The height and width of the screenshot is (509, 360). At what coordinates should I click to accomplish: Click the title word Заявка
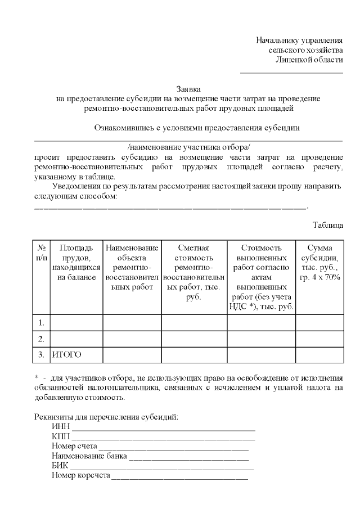tap(188, 89)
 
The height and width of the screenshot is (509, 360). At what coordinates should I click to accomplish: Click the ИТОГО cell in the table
tap(66, 354)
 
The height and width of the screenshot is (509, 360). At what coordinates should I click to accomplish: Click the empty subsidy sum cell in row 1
tap(319, 323)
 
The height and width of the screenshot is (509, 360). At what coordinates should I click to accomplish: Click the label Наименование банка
tap(88, 456)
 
